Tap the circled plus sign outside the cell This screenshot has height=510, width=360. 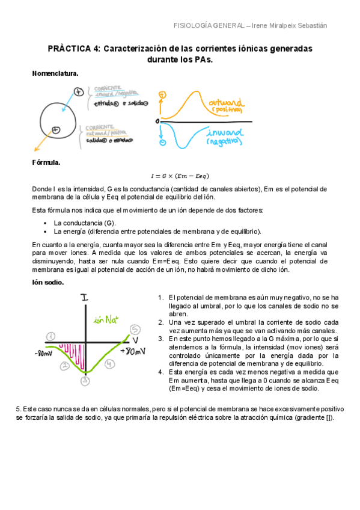click(78, 91)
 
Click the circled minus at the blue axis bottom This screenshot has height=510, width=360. click(162, 144)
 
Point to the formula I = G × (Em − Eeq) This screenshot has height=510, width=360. click(180, 176)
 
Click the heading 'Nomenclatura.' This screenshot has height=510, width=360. click(55, 73)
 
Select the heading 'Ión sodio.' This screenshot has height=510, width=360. click(47, 281)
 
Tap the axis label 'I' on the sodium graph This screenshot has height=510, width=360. click(84, 297)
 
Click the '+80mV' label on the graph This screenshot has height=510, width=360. click(132, 351)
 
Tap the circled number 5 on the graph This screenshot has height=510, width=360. click(135, 329)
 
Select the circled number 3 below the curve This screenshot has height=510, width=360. click(85, 380)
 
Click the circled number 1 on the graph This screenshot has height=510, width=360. click(51, 336)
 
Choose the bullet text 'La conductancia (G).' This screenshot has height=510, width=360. click(84, 223)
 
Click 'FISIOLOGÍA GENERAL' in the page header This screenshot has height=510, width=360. click(209, 25)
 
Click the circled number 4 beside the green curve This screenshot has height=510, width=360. click(109, 364)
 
